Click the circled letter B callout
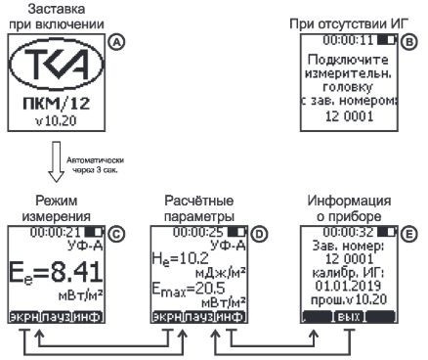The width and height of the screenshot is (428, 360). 408,42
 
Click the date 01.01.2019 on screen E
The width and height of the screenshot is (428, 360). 349,288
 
